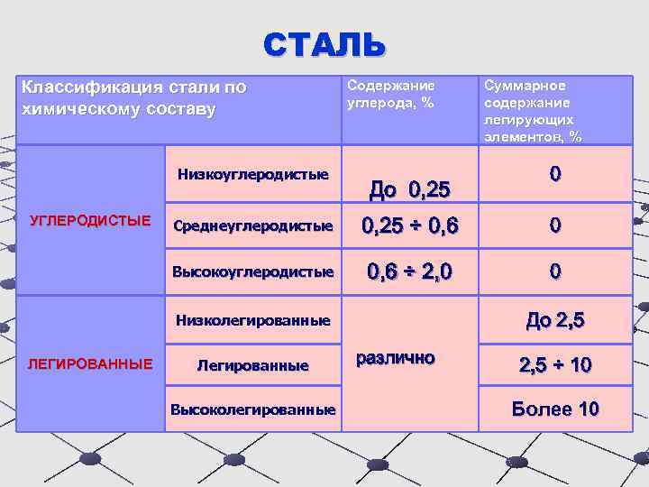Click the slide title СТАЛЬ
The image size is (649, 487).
tap(324, 42)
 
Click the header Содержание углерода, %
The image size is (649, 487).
tap(390, 94)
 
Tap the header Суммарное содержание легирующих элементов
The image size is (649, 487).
tap(533, 111)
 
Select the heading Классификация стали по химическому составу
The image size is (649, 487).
tap(133, 98)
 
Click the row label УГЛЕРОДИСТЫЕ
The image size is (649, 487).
tap(90, 220)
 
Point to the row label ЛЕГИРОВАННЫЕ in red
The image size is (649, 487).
tap(90, 364)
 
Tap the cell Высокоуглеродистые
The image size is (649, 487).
tap(252, 271)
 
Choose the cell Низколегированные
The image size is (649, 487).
tap(253, 320)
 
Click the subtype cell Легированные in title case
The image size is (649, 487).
tap(252, 365)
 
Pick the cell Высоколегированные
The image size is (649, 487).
tap(253, 410)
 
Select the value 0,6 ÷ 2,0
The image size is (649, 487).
tap(409, 271)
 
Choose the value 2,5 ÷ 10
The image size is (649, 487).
tap(554, 365)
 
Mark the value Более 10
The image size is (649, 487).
tap(554, 409)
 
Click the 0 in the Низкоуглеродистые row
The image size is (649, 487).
tap(555, 173)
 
